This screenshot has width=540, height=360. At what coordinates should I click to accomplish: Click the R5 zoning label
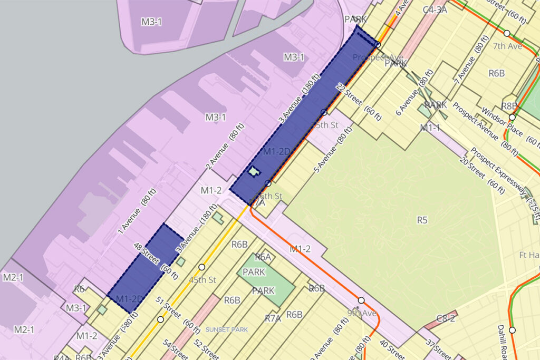point(422,219)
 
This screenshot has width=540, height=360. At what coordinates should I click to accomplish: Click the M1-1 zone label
point(430,128)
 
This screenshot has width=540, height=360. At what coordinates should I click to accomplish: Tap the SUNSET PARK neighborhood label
point(226,330)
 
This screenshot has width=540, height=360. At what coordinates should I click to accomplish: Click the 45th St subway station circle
point(201,267)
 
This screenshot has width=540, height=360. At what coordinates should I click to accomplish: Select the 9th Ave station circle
point(361,300)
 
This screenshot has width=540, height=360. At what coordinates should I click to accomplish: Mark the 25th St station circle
point(324,112)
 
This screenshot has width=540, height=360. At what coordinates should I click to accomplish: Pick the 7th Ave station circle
point(507,33)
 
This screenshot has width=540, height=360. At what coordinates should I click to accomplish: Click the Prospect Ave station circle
point(378,45)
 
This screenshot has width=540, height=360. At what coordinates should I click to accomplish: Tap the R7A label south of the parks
point(273,318)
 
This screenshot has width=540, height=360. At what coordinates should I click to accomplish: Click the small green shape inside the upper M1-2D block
point(254,171)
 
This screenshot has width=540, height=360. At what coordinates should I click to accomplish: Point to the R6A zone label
point(263,257)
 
